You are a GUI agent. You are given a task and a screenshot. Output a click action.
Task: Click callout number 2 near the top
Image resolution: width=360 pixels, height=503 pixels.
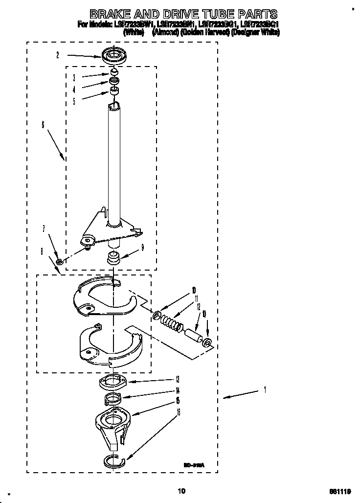(58, 56)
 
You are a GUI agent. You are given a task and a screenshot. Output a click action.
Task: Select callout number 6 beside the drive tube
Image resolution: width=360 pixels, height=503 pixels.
(43, 125)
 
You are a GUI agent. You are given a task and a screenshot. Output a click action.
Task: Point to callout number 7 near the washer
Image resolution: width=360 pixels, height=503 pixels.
(44, 229)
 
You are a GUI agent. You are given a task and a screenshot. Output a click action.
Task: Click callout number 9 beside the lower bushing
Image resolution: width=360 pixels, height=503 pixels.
(142, 248)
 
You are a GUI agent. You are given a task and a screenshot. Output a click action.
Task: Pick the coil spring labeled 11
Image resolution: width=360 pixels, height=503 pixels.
(170, 323)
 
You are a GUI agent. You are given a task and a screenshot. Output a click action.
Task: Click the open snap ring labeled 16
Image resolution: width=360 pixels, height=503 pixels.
(115, 460)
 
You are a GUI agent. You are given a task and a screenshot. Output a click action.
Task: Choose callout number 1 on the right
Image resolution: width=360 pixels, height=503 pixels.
(265, 389)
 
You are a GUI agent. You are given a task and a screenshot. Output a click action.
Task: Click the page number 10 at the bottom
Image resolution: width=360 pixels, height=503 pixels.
(181, 490)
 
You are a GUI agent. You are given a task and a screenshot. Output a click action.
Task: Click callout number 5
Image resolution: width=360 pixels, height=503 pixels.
(74, 101)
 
